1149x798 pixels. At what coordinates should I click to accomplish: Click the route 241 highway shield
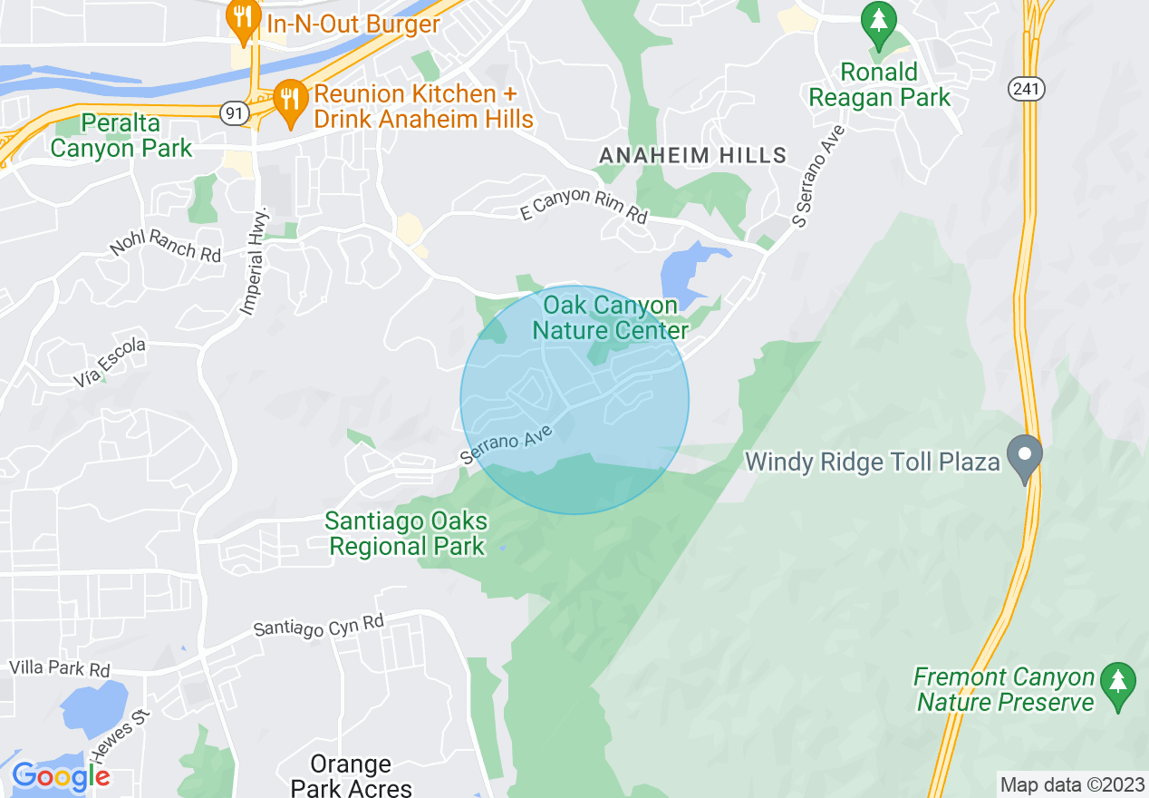tap(1028, 88)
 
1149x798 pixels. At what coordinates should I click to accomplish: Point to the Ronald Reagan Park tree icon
tap(878, 24)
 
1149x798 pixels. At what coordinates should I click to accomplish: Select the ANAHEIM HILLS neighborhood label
tap(693, 156)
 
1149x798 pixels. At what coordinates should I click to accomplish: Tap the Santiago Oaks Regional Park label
tap(407, 534)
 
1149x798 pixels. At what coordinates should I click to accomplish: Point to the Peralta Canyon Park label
tap(121, 135)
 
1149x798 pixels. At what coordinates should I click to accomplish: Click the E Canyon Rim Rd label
tap(584, 206)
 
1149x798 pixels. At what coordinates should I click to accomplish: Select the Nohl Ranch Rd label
tap(166, 245)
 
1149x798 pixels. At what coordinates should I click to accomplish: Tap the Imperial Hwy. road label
tap(256, 262)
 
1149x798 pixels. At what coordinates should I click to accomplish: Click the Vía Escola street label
tap(110, 365)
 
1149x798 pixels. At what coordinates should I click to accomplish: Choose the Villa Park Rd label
tap(59, 669)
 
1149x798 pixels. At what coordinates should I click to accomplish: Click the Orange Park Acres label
tap(351, 776)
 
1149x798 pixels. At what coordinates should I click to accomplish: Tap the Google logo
tap(61, 776)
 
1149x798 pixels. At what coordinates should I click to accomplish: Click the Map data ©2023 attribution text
tap(1070, 784)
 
